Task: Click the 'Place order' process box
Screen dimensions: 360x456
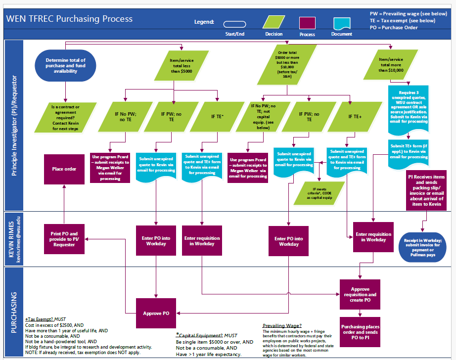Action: click(x=64, y=169)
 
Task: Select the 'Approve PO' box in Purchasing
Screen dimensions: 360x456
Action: click(x=156, y=313)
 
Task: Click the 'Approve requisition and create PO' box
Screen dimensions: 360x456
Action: click(x=360, y=295)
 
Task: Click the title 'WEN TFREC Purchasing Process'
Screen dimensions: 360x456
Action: click(x=69, y=19)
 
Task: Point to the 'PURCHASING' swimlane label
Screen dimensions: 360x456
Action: click(x=14, y=313)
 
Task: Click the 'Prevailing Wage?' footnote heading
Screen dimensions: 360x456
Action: click(x=282, y=325)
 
